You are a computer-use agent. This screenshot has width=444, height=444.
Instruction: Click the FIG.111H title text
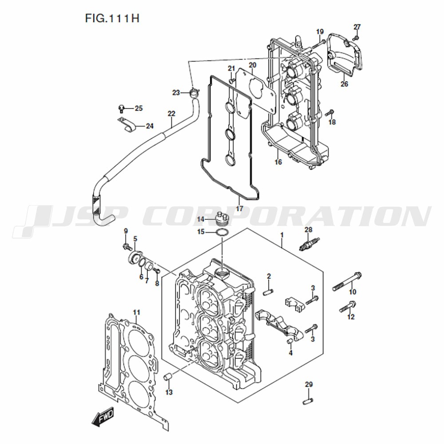click(x=112, y=18)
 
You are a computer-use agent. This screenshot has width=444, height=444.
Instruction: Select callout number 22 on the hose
click(x=171, y=114)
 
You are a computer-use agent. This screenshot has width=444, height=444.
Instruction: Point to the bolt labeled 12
click(x=348, y=307)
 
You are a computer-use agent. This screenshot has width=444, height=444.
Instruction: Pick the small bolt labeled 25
click(x=121, y=109)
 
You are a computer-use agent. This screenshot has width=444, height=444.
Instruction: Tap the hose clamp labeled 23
click(x=194, y=92)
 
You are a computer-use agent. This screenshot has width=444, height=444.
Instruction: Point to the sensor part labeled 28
click(x=309, y=243)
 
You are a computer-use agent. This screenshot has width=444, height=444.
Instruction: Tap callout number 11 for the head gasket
click(x=136, y=313)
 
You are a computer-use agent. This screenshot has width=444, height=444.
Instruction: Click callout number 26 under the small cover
click(x=344, y=84)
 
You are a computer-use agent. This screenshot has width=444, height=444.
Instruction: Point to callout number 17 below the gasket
click(x=240, y=209)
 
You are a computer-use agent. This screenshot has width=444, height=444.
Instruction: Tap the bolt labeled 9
click(x=127, y=246)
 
